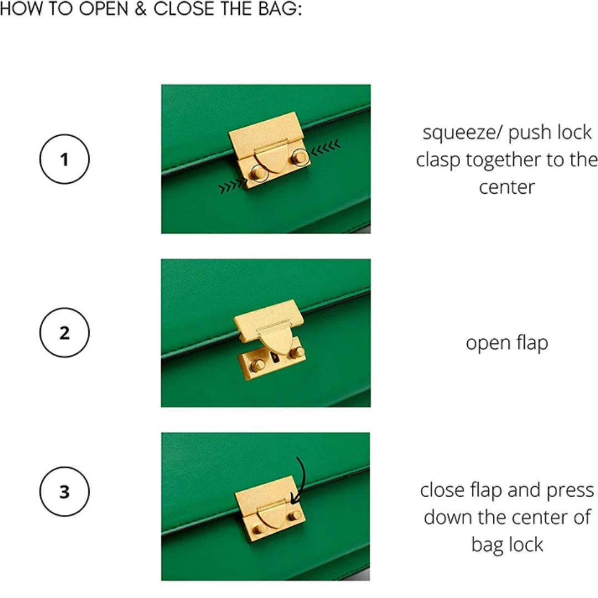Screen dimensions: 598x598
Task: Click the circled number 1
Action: pyautogui.click(x=64, y=159)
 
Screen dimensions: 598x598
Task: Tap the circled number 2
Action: pyautogui.click(x=64, y=333)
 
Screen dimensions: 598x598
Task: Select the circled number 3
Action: pyautogui.click(x=64, y=492)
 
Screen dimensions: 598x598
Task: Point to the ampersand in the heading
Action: pyautogui.click(x=140, y=8)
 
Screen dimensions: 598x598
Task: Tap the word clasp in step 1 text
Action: pyautogui.click(x=438, y=159)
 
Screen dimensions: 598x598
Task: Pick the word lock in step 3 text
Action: pyautogui.click(x=527, y=544)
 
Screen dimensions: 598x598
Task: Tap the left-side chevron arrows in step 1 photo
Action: pyautogui.click(x=232, y=185)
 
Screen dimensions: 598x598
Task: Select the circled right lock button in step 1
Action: pyautogui.click(x=300, y=157)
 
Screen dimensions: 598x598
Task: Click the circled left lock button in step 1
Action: pyautogui.click(x=259, y=173)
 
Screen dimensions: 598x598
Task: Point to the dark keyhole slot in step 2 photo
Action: pyautogui.click(x=275, y=358)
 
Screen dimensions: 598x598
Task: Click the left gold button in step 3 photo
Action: pyautogui.click(x=259, y=529)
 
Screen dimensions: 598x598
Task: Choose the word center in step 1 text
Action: pyautogui.click(x=507, y=188)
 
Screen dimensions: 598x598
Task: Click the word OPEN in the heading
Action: pyautogui.click(x=104, y=8)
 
